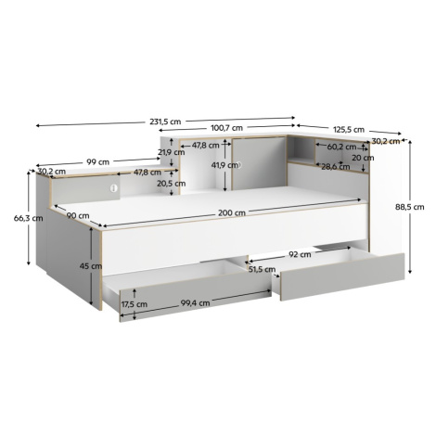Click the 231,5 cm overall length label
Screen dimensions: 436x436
165,122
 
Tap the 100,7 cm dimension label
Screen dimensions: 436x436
226,127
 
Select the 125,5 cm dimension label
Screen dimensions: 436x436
349,129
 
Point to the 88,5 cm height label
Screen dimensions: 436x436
409,207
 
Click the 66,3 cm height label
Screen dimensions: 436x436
28,218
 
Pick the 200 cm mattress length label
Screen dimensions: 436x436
232,212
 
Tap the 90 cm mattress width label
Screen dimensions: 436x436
78,215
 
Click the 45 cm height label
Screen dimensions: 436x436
91,265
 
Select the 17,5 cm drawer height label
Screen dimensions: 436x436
135,304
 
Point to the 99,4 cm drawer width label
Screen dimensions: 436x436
195,303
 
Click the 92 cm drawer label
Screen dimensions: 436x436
300,254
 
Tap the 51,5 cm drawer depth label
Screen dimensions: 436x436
263,269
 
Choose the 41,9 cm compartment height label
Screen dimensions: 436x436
224,165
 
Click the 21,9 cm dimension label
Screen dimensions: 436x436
171,152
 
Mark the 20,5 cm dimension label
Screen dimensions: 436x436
172,184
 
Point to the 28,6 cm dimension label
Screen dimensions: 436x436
336,167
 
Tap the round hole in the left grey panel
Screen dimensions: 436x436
114,187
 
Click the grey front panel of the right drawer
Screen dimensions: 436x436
342,276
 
